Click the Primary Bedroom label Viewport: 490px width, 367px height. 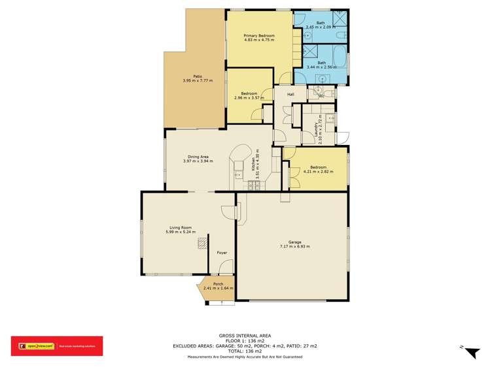coord(258,35)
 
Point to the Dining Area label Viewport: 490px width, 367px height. coord(198,157)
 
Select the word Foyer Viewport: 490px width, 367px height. coord(222,251)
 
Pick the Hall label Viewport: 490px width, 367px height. coord(290,95)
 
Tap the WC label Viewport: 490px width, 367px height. coord(321,96)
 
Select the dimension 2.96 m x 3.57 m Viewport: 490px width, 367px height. coord(249,99)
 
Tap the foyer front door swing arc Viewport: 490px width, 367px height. coord(225,266)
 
